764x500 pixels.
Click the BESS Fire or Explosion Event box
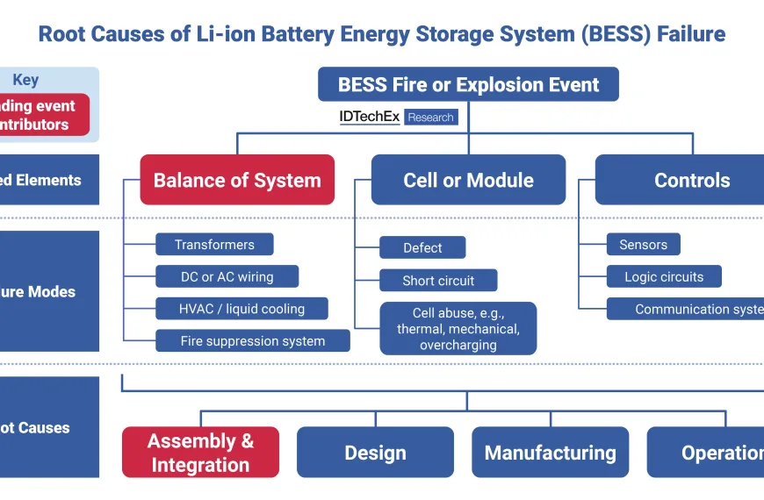(x=468, y=85)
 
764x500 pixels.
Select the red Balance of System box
(x=237, y=181)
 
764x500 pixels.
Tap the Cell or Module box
(x=468, y=181)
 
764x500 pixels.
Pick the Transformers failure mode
(x=214, y=245)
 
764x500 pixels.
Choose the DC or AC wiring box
(x=227, y=277)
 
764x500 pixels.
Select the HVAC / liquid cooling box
(x=241, y=309)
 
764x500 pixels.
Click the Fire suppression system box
(x=252, y=341)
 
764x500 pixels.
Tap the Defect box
(x=422, y=248)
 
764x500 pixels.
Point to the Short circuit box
(x=438, y=281)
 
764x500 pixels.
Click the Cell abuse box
(x=458, y=329)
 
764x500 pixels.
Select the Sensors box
(x=643, y=245)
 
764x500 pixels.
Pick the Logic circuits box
(x=664, y=277)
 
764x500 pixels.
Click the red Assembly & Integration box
(x=200, y=453)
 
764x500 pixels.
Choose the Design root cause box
(x=375, y=453)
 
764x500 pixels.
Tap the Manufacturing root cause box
(x=550, y=453)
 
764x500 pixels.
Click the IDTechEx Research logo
(x=398, y=117)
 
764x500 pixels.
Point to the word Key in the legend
(x=25, y=80)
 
